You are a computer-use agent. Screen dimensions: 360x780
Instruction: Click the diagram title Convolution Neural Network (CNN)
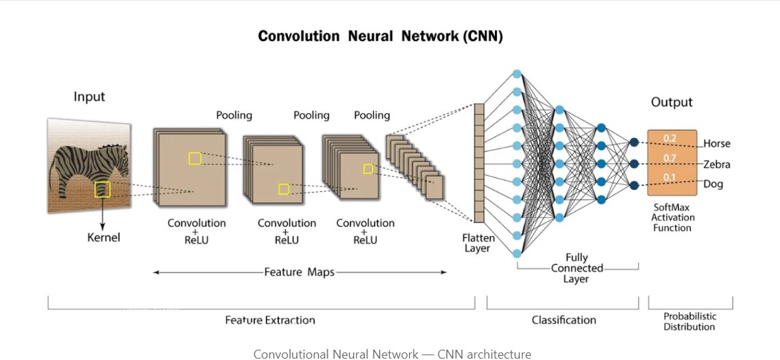(x=380, y=37)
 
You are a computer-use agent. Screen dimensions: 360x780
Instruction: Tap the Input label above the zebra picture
(x=90, y=97)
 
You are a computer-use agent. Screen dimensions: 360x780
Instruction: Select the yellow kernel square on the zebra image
(x=103, y=189)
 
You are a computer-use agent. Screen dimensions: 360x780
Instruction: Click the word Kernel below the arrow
(x=103, y=237)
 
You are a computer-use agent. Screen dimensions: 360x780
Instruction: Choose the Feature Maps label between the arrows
(x=300, y=272)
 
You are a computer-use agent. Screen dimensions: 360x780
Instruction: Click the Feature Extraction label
(x=270, y=320)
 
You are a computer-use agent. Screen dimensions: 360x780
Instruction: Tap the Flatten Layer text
(x=477, y=243)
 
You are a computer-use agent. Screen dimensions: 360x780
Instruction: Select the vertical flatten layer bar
(x=479, y=163)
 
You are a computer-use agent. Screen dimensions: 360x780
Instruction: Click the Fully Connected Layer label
(x=577, y=268)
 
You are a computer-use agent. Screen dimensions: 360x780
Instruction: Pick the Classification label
(x=563, y=320)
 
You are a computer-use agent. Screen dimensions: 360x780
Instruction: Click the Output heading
(x=672, y=102)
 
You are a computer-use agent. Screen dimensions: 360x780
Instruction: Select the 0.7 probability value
(x=670, y=159)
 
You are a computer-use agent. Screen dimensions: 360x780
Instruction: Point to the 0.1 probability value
(x=670, y=178)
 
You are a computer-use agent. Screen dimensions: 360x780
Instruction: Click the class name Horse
(x=716, y=144)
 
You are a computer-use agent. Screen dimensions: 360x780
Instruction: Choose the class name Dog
(x=713, y=184)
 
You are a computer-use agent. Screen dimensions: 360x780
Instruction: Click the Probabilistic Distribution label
(x=690, y=322)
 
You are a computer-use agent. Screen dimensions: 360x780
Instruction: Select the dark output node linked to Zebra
(x=634, y=163)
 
